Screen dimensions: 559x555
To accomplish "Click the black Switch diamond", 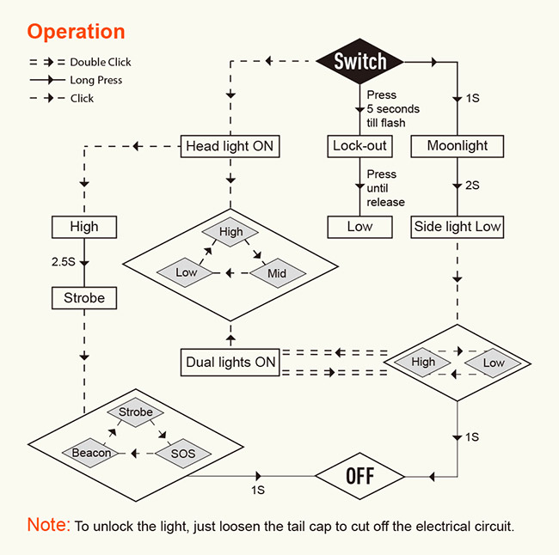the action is point(359,61).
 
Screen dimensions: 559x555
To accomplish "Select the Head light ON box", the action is point(230,146).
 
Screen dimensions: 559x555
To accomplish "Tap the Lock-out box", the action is point(359,146).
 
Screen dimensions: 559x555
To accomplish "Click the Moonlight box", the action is point(457,146).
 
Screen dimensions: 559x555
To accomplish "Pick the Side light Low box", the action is point(457,227).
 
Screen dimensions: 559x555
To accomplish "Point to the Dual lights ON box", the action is point(230,363).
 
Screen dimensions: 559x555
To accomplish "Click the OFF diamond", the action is point(359,476).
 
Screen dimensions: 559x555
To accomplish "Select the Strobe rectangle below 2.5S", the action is point(84,298).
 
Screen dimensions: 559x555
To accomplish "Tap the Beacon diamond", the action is point(91,453).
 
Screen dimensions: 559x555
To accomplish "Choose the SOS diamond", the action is point(183,454).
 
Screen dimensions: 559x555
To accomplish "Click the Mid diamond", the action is point(277,273).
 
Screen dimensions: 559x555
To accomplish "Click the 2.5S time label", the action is point(63,262).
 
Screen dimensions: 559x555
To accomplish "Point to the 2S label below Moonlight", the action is point(472,186).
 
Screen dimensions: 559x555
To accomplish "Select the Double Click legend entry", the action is point(80,62).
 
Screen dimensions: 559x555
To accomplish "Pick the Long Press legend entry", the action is point(76,80).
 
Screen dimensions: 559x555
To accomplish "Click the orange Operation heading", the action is point(76,32).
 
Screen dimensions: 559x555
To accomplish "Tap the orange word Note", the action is point(48,524).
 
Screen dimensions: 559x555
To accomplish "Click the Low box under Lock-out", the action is point(359,227).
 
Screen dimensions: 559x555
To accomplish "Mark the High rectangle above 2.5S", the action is point(84,227).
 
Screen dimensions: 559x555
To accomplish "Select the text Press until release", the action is point(386,188).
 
